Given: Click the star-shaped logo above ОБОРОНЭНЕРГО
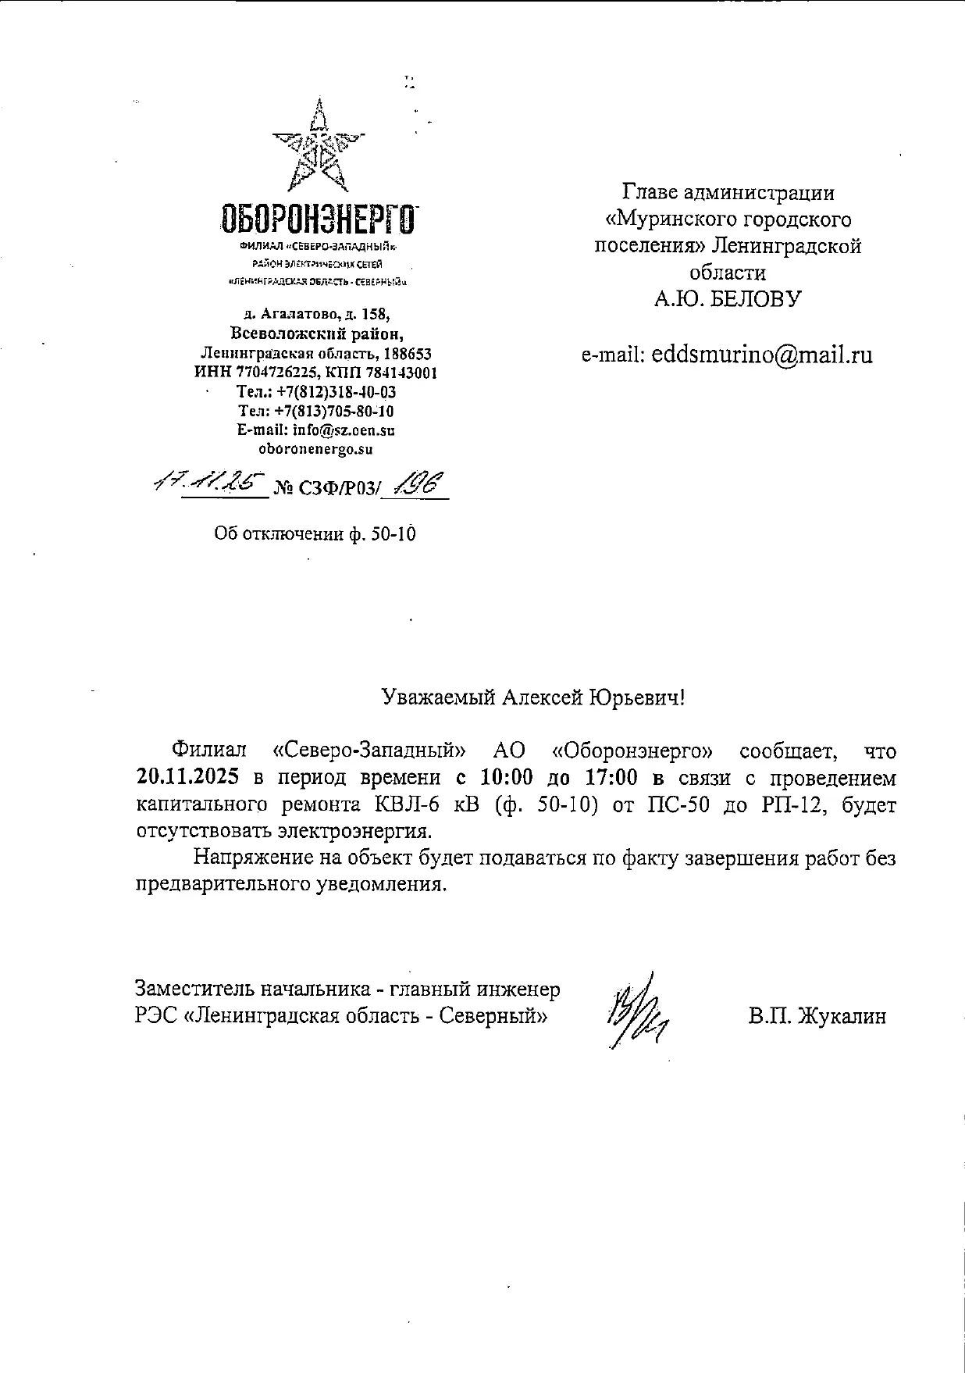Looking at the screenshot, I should (318, 148).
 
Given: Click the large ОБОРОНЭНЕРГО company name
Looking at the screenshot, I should (318, 219).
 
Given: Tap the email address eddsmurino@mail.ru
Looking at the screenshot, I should (761, 355).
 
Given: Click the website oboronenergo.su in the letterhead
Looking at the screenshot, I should (315, 449).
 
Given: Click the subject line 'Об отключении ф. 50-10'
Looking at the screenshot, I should (315, 534).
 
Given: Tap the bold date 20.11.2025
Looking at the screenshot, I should (187, 778).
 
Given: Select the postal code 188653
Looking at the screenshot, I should (404, 354).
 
